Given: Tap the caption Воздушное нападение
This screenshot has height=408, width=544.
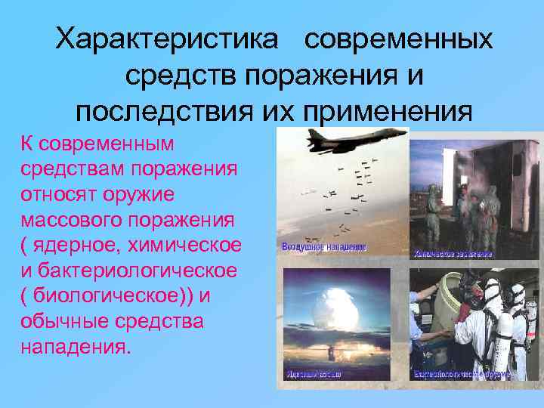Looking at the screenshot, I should pyautogui.click(x=323, y=247).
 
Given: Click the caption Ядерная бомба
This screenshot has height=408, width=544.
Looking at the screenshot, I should pyautogui.click(x=314, y=374).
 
